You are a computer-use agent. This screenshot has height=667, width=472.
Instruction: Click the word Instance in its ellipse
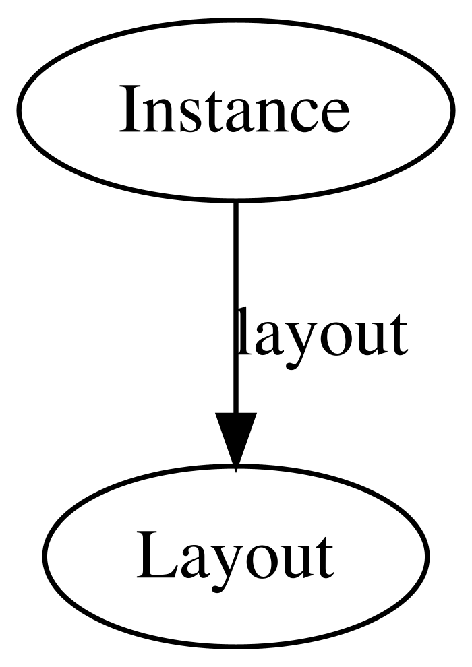234,109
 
